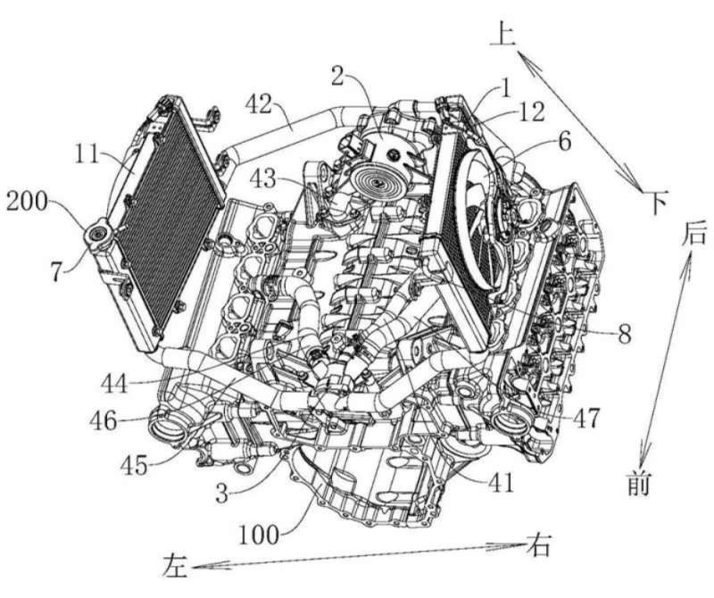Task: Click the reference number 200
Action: click(x=27, y=201)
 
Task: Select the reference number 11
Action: click(x=87, y=154)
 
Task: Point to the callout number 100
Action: click(x=259, y=535)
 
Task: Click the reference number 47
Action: click(x=585, y=418)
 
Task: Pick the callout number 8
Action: click(x=624, y=335)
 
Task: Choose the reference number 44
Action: click(x=114, y=384)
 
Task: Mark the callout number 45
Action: click(x=134, y=466)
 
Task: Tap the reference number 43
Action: click(x=262, y=179)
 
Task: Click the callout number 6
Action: click(x=564, y=142)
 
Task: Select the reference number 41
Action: click(x=501, y=483)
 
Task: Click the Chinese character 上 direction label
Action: click(x=502, y=35)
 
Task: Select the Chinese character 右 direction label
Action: click(x=539, y=544)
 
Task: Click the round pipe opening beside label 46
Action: click(x=167, y=428)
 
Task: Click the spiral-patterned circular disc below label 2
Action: click(x=375, y=181)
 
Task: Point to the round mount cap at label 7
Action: click(x=97, y=234)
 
